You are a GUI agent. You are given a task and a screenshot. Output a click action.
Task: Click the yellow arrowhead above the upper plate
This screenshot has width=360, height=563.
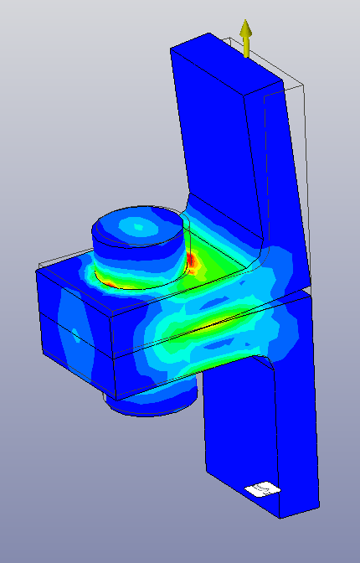point(246,29)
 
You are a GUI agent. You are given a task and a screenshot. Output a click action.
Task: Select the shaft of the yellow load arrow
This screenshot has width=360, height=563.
point(246,47)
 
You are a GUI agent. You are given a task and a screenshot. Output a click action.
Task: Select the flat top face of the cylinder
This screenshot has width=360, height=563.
point(138,227)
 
